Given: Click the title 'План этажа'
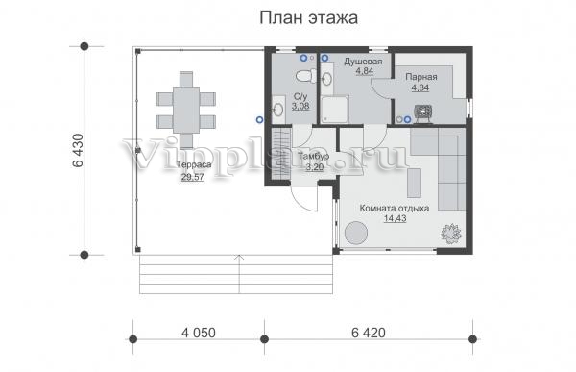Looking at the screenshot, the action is click(308, 17).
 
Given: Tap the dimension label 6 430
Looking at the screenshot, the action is click(79, 151).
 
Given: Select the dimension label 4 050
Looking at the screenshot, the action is click(199, 333).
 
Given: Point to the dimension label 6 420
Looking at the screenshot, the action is click(369, 333).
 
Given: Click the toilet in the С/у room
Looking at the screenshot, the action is click(305, 76).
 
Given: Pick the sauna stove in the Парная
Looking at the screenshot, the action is click(424, 112).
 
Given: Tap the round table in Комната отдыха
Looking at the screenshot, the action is click(356, 233).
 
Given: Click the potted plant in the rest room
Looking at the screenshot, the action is click(451, 233).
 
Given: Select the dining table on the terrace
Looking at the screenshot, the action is click(186, 110).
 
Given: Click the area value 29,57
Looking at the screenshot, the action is click(193, 178).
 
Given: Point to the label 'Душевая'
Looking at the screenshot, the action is click(363, 62).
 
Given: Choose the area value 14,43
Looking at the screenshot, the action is click(395, 218).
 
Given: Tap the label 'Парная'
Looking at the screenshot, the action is click(421, 77).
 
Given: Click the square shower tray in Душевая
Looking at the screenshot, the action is click(334, 110).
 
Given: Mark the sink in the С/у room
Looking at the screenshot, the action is click(278, 109).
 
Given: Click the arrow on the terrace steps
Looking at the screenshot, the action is click(239, 274).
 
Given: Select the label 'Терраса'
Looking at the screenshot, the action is click(194, 164).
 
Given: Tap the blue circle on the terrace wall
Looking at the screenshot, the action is click(260, 119).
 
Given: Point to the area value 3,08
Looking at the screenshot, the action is click(300, 107).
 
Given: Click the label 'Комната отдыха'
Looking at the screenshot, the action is click(395, 208).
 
